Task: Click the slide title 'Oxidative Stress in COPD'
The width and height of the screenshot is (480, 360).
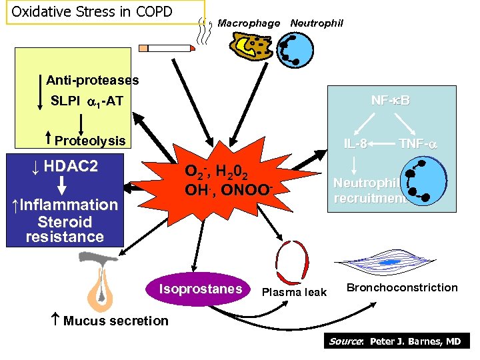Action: coord(92,12)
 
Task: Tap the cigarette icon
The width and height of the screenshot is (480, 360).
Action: coord(167,48)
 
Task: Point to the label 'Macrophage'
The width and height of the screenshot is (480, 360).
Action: coord(249,23)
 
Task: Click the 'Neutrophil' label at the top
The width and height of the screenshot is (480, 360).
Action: coord(317,23)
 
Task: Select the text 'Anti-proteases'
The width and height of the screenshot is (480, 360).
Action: coord(93,81)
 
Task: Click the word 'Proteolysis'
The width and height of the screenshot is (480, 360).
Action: coord(90,141)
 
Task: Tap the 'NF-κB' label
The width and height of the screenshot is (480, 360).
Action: coord(391,101)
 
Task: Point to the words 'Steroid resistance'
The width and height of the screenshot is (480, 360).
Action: coord(65,229)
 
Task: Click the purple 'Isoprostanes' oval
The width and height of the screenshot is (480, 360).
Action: coord(200,289)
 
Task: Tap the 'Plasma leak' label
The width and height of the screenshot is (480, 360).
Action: coord(294,292)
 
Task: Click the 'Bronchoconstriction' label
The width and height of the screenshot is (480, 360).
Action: coord(402,287)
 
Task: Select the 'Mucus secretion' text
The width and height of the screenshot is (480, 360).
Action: coord(115,321)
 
